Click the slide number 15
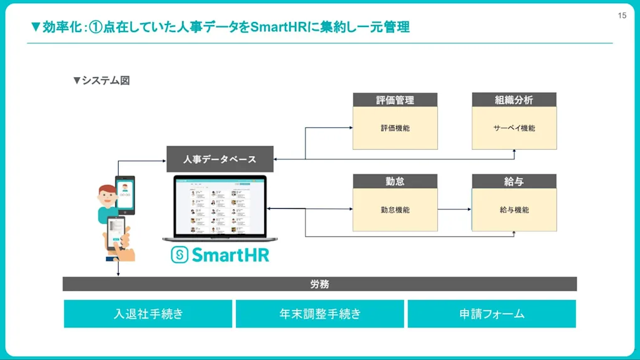tap(622, 16)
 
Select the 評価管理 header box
tap(395, 100)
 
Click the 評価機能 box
tap(395, 128)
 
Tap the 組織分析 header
tap(514, 100)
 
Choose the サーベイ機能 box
tap(514, 128)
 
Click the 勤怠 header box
tap(395, 181)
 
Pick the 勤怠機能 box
tap(395, 209)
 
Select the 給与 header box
tap(514, 181)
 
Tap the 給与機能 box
tap(514, 209)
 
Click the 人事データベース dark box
tap(220, 159)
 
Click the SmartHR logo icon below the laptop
tap(179, 255)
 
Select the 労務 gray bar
tap(319, 284)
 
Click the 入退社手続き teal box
tap(148, 314)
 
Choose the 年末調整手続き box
tap(320, 314)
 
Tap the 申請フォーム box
tap(491, 314)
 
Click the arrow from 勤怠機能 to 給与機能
tap(455, 209)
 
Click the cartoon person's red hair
tap(107, 189)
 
